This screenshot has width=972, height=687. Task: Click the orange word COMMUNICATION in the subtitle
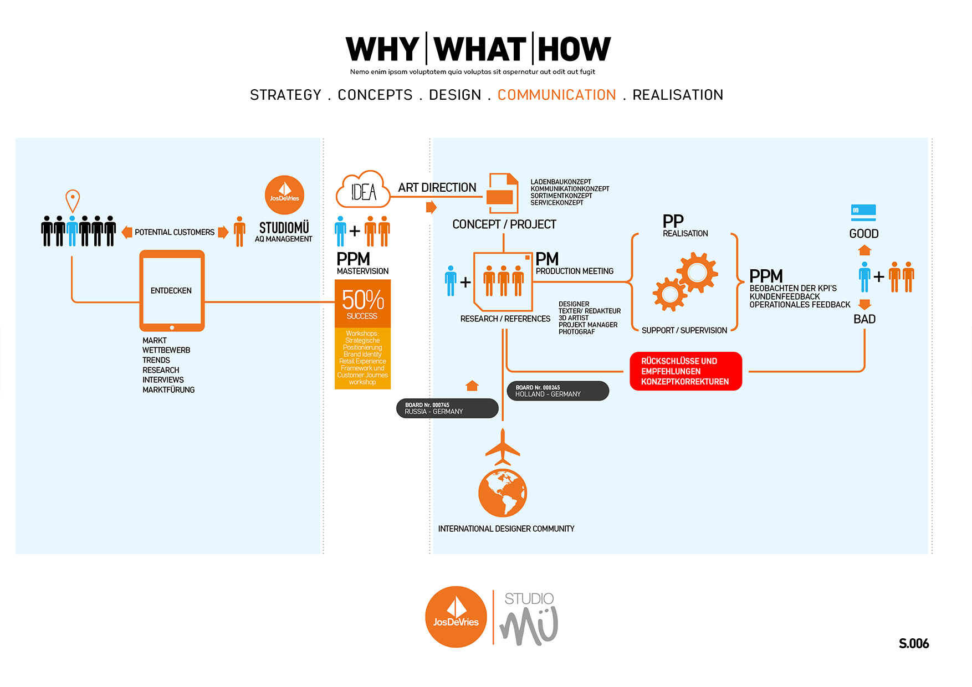coord(556,95)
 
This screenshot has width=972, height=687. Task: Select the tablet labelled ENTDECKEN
coord(172,291)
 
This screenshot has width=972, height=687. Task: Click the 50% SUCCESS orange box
coord(362,304)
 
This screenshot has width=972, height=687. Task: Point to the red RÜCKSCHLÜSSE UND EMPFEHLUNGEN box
coord(685,371)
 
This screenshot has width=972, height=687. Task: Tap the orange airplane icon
coord(503,448)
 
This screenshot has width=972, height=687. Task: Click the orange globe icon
coord(503,493)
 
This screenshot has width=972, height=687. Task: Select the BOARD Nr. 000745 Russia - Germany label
coord(447,408)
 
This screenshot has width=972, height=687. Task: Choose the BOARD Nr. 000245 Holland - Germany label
coord(557,391)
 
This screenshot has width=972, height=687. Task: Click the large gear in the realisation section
coord(697,272)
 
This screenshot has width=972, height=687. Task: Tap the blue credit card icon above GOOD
coord(863,212)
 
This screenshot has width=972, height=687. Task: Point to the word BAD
coord(864,319)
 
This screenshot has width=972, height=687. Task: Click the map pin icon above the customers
coord(73,200)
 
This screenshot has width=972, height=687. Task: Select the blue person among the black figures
coord(72,230)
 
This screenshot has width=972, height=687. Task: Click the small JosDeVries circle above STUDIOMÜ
coord(285,195)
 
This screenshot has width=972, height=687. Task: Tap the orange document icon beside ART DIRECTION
coord(503,193)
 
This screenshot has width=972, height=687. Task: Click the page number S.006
coord(913,643)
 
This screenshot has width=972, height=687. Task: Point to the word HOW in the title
coord(574,49)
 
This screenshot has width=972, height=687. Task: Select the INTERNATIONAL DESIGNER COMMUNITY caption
coord(506,529)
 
